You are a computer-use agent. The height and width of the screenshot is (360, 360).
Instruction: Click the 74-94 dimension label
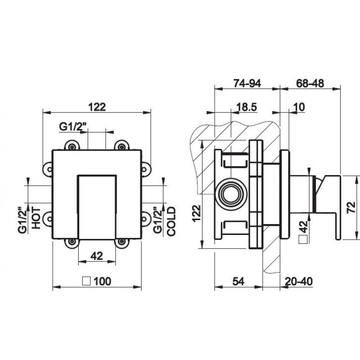coord(247,83)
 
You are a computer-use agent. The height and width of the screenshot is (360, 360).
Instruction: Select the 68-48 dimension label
coord(310,83)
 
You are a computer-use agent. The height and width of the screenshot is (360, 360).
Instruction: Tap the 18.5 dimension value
coord(247,107)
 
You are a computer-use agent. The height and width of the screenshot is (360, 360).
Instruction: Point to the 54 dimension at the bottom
coord(238,281)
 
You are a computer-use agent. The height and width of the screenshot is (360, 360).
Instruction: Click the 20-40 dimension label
coord(299,281)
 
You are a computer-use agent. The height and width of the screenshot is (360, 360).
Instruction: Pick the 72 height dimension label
coord(351,207)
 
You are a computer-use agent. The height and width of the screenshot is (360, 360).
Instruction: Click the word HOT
coord(36,218)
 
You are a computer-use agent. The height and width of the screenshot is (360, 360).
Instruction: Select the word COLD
coord(171,221)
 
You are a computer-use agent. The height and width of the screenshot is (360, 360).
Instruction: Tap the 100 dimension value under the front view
coord(103,281)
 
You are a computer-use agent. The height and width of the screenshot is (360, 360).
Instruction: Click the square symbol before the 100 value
coord(86,281)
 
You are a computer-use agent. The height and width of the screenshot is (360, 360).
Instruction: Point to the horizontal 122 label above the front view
coord(97,107)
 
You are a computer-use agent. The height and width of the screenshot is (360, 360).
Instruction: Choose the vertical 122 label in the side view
coord(197,213)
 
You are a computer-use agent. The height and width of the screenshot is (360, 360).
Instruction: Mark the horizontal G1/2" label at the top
coord(73,127)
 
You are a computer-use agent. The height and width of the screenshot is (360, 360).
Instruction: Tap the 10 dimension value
coord(299,107)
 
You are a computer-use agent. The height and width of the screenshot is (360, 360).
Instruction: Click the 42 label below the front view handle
coord(97,256)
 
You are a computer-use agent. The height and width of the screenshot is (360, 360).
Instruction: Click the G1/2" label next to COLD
coord(157,220)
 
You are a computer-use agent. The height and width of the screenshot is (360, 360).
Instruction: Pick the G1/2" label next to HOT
coord(22,220)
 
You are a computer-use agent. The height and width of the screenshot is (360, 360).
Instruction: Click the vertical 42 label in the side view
coord(303,226)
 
